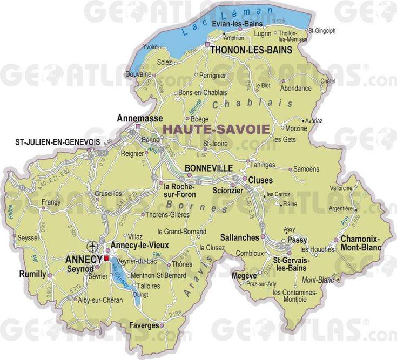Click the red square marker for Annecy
coord(106,259)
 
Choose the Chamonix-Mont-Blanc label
coord(360,243)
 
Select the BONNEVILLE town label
coord(208,168)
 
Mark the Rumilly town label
coord(32,274)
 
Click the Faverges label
coord(144,325)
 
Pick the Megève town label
coord(245,274)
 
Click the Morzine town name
coord(295,128)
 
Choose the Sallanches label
coord(240,237)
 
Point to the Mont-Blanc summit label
coord(316,280)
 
